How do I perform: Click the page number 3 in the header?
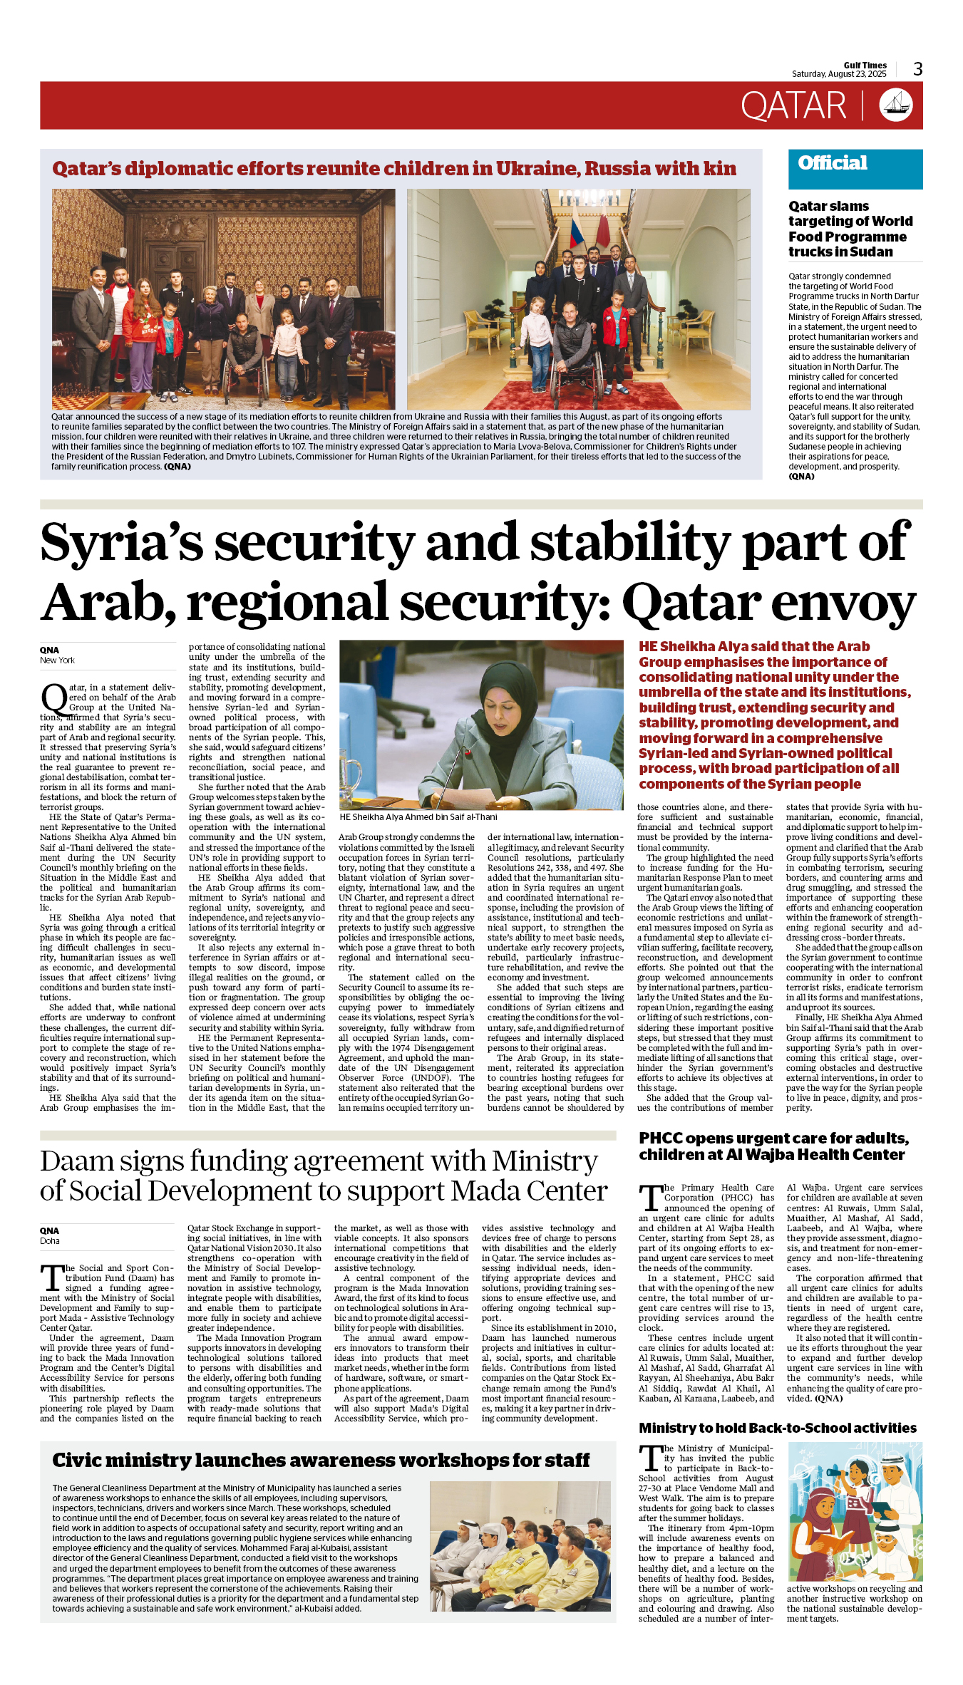(x=917, y=69)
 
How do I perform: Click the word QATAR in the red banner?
(x=793, y=106)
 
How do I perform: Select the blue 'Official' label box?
(x=855, y=169)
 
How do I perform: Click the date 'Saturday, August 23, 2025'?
(x=839, y=74)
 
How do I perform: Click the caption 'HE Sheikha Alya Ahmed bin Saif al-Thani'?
(x=418, y=817)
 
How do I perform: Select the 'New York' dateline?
(x=57, y=660)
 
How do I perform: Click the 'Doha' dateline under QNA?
(x=50, y=1241)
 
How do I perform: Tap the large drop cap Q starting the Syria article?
(x=53, y=698)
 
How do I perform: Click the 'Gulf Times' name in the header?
(x=865, y=65)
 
